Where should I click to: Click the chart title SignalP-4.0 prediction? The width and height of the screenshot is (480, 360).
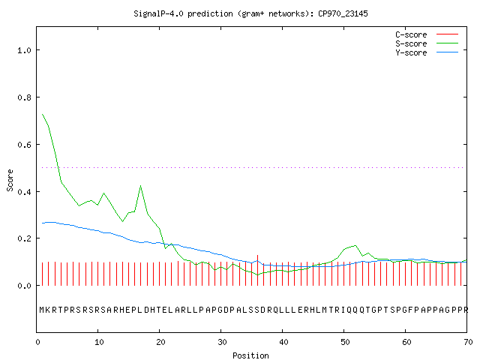point(183,13)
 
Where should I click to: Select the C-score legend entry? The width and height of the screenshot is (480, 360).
point(427,34)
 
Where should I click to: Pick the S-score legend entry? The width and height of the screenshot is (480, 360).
point(427,43)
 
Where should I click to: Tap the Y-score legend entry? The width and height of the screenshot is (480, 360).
point(427,52)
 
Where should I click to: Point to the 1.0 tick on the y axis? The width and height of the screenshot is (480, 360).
point(25,50)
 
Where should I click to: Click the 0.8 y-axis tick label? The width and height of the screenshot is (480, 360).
point(25,97)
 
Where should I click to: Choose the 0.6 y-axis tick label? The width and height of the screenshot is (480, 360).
point(25,145)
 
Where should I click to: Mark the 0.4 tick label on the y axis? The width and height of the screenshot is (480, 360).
point(25,192)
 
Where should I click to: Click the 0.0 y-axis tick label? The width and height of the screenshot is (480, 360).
point(25,286)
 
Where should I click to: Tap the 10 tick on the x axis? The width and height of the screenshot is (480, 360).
point(99,342)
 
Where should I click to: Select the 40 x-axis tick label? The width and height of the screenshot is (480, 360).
point(283,342)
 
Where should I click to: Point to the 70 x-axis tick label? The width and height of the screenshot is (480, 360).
point(468,342)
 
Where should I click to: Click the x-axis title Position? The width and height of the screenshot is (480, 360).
point(250,355)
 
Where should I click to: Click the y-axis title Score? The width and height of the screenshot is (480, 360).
point(10,180)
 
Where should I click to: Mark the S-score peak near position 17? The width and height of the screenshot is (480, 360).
point(140,185)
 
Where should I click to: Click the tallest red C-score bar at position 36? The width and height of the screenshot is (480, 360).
point(258,270)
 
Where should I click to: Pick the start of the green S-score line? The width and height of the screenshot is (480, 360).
point(42,114)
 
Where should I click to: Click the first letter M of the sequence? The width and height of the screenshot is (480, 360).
point(42,310)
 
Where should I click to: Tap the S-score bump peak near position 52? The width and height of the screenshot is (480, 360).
point(355,245)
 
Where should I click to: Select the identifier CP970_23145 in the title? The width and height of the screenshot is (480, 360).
point(343,13)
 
